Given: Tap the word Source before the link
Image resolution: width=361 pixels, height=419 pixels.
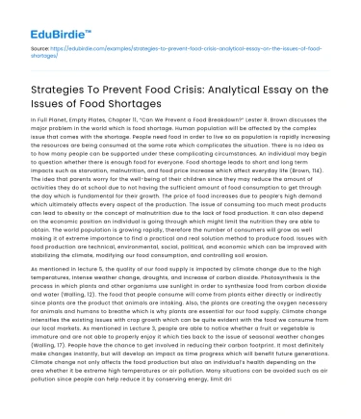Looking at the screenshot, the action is coord(41,45).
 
